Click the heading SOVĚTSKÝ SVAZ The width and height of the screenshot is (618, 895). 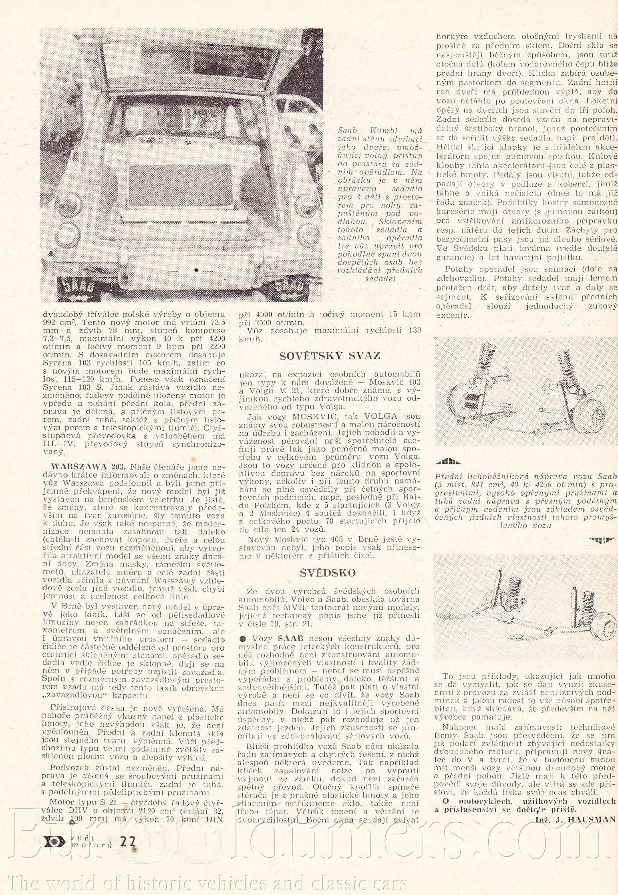pyautogui.click(x=329, y=356)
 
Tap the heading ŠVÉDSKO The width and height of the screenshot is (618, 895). pyautogui.click(x=328, y=573)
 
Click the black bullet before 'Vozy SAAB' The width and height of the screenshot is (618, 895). pyautogui.click(x=242, y=638)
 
